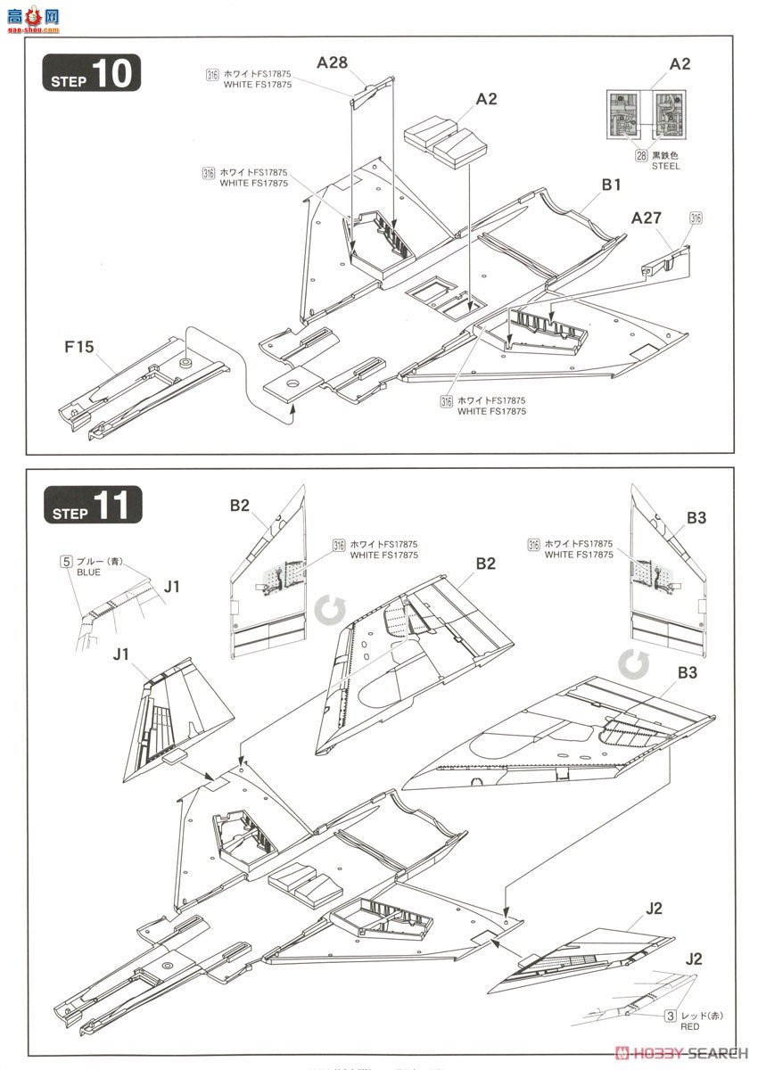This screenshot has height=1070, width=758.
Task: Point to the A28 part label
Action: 332,62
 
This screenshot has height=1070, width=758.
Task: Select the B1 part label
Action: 611,185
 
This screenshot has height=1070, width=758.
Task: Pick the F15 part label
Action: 79,347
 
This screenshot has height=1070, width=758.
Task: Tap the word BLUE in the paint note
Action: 90,573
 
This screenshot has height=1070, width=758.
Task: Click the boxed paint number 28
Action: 640,155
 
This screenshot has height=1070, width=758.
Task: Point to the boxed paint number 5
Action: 66,562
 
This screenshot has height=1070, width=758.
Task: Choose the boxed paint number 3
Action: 668,1016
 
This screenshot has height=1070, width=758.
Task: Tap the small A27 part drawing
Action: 666,257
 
